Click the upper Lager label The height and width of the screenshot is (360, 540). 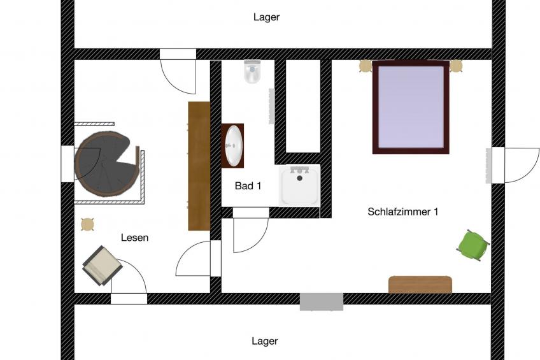266,17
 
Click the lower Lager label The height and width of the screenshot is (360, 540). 265,341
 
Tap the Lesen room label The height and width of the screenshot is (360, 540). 134,238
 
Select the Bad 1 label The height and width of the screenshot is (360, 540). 248,186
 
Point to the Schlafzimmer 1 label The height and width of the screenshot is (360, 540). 402,212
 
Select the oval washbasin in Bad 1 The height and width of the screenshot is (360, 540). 234,146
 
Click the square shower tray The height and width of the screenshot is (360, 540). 300,185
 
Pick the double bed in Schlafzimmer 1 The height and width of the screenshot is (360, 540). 411,107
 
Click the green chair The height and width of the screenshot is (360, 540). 473,245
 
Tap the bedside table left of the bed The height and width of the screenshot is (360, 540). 366,66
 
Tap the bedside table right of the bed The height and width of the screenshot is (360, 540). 456,66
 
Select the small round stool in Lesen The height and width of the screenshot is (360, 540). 87,224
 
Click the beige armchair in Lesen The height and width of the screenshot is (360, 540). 102,264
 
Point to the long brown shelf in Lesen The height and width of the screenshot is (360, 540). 199,166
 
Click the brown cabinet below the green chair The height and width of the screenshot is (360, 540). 420,284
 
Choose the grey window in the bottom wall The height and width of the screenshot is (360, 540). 322,301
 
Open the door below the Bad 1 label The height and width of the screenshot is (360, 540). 250,230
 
